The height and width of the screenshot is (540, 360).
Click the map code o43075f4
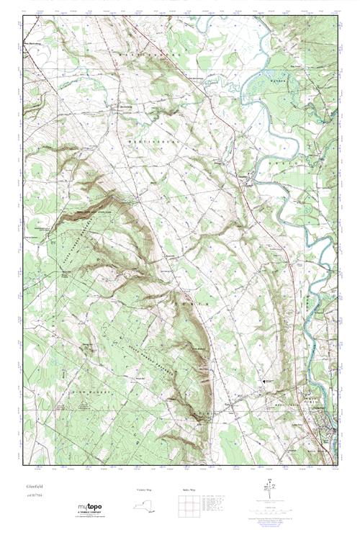pyautogui.click(x=35, y=495)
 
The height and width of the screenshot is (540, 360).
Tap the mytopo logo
pyautogui.click(x=89, y=508)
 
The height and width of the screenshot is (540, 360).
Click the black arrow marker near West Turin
pyautogui.click(x=264, y=378)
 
